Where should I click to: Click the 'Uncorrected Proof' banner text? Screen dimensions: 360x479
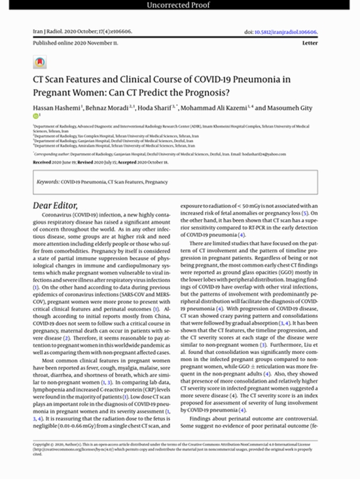coord(180,7)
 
